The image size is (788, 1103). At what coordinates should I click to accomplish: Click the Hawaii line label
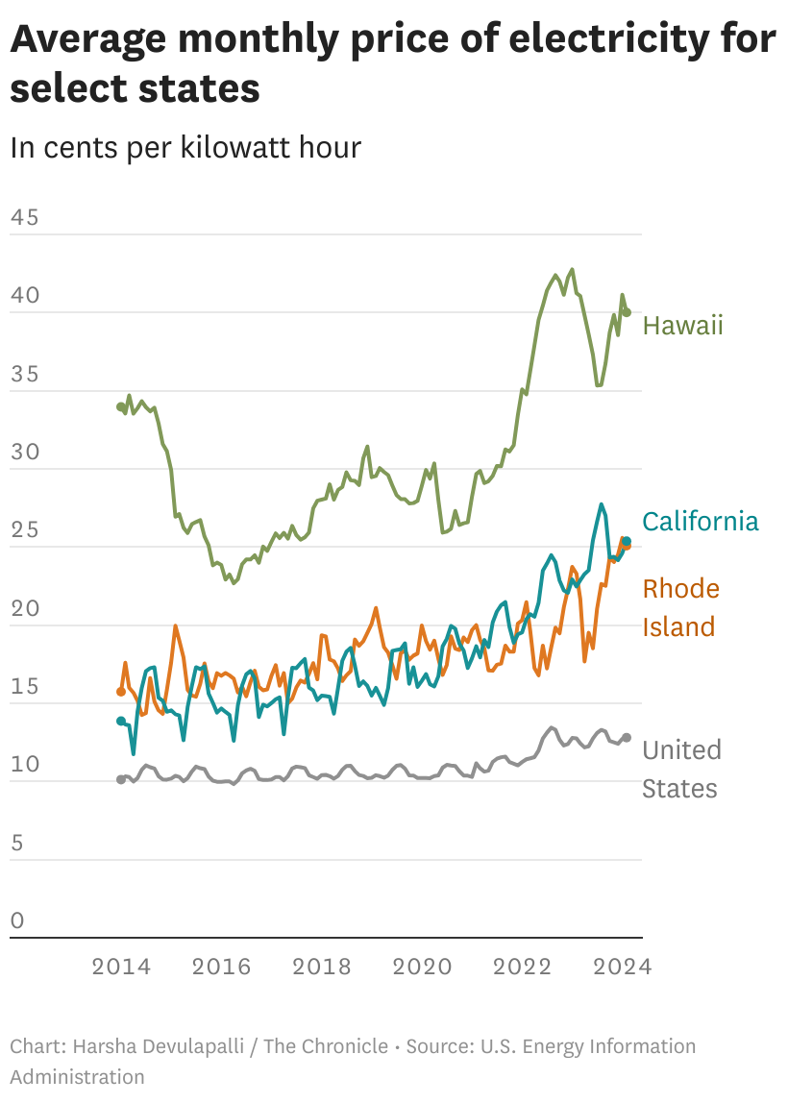click(x=682, y=326)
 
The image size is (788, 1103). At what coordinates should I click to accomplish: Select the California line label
click(x=700, y=522)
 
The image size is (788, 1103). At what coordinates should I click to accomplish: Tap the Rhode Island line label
click(x=680, y=607)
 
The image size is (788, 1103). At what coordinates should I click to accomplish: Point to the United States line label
click(x=680, y=769)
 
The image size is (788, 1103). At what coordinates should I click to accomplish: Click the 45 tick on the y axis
click(x=24, y=218)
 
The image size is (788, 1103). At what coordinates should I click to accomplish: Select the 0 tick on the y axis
click(x=17, y=921)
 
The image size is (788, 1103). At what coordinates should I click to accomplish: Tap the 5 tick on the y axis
click(x=17, y=844)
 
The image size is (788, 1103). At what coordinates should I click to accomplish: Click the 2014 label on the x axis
click(x=121, y=967)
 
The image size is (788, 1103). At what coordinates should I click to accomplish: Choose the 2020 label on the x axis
click(x=422, y=967)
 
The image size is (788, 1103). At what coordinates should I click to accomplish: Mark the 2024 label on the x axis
click(x=622, y=967)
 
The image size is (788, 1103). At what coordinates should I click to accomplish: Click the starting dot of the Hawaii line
click(x=121, y=407)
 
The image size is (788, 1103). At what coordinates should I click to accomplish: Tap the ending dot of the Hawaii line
click(x=627, y=312)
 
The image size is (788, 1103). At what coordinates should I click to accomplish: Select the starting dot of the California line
click(x=121, y=721)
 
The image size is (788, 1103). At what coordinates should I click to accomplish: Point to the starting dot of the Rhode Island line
click(x=121, y=691)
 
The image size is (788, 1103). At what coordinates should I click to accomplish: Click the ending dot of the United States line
click(x=627, y=737)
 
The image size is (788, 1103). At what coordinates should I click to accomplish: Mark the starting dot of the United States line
click(x=121, y=779)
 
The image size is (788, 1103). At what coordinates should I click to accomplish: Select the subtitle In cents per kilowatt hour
click(x=185, y=148)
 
